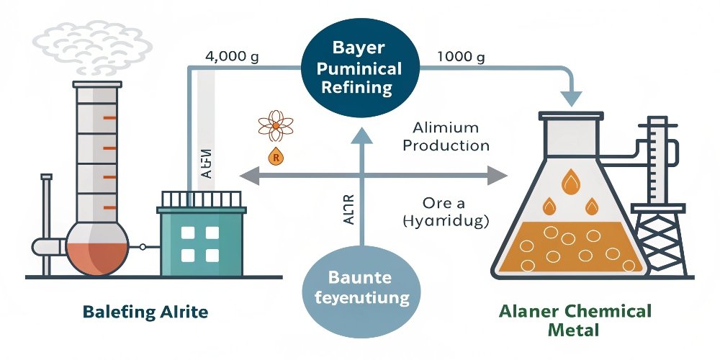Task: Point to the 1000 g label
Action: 461,58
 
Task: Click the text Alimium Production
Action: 446,136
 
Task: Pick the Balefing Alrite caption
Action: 145,312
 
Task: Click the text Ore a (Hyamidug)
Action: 446,212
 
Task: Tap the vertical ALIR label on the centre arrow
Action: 349,208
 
